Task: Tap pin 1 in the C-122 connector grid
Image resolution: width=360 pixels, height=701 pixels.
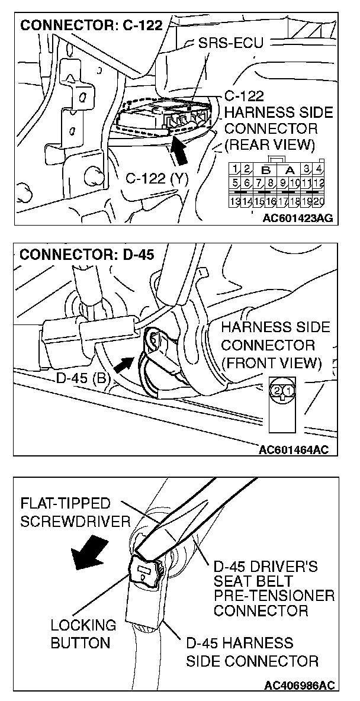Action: click(236, 169)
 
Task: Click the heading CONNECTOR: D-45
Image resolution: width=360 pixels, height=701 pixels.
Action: click(86, 255)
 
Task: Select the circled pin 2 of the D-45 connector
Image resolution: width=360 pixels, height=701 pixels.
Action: click(276, 390)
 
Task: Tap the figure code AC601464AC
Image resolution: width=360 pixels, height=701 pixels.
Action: click(294, 449)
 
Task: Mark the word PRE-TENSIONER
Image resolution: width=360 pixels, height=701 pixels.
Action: click(274, 595)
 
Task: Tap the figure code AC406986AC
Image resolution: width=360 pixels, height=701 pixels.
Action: click(299, 686)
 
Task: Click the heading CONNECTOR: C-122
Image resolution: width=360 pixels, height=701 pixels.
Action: click(91, 27)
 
